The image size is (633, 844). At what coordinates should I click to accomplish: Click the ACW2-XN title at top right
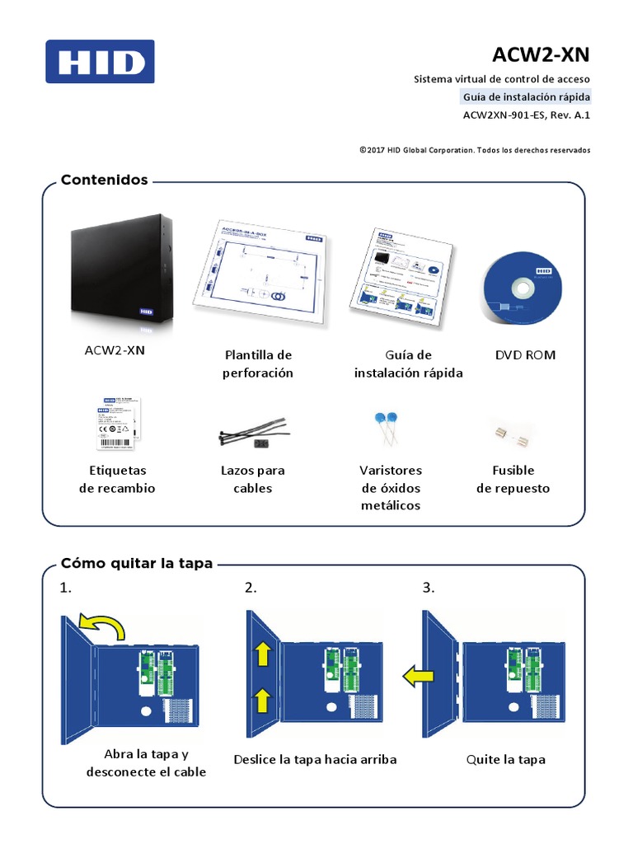click(x=541, y=54)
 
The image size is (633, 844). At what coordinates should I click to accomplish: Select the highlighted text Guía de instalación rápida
click(x=525, y=97)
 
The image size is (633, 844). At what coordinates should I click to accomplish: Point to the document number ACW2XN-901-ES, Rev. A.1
click(x=527, y=115)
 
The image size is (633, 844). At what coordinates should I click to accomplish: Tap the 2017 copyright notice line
click(x=475, y=150)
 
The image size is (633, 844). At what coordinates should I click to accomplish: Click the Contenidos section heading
click(x=104, y=180)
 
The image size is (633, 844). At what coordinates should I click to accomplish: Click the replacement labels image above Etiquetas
click(x=117, y=422)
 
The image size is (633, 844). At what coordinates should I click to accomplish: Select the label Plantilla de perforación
click(x=258, y=363)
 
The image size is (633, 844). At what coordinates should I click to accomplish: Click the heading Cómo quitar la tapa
click(x=137, y=564)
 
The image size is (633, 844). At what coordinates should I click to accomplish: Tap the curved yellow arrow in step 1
click(x=102, y=626)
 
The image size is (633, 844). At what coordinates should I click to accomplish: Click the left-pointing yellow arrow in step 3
click(x=420, y=677)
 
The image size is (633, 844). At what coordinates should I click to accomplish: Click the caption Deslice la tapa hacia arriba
click(x=315, y=759)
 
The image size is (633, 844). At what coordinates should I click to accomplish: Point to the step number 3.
click(x=428, y=588)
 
